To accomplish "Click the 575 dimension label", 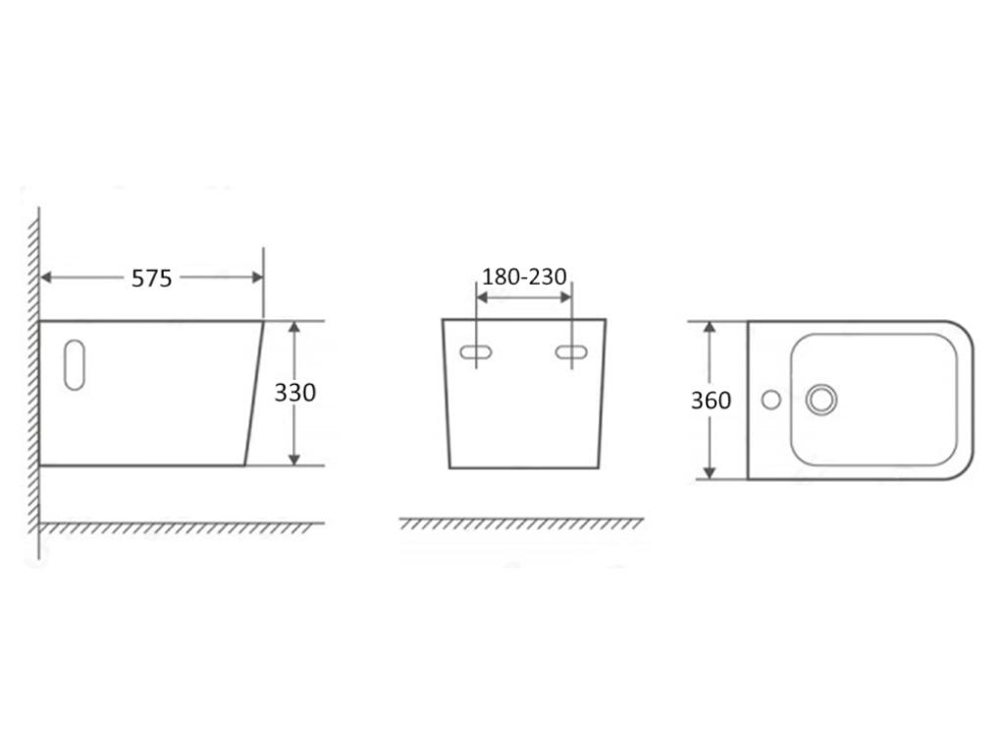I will pos(152,279).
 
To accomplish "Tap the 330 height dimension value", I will pos(294,393).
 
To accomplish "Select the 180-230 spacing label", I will pos(524,277).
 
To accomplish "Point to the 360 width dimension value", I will pos(711,401).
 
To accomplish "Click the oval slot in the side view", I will pos(74,364).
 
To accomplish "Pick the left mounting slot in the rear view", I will pos(477,351).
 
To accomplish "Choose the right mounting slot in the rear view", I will pos(571,351).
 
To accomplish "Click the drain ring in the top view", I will pos(821,399).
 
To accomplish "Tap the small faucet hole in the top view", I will pos(771,399).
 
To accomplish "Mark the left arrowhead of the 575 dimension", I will pos(46,278).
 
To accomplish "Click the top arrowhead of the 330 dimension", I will pos(293,328).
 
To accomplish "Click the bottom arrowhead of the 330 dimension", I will pos(293,458).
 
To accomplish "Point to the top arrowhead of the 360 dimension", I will pos(710,328).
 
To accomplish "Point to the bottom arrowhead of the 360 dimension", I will pos(710,473).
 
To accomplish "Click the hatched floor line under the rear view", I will pos(521,523).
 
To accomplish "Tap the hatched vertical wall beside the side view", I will pos(34,393).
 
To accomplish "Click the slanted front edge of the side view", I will pos(254,393).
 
